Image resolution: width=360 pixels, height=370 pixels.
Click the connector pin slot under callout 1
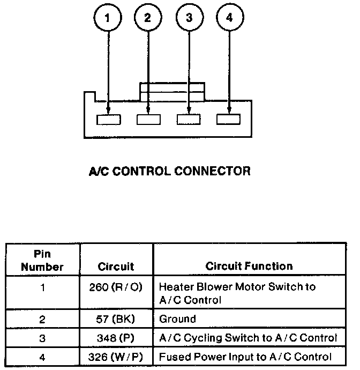coord(108,120)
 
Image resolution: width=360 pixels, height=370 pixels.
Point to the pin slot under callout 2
coord(148,120)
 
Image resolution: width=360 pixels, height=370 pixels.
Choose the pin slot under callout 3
coord(189,120)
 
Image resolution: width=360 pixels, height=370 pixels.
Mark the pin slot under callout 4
coord(229,120)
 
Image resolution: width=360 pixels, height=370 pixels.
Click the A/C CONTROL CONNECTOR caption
coord(169,172)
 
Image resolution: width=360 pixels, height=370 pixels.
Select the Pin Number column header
coord(42,260)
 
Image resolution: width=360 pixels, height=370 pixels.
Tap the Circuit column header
coord(116,267)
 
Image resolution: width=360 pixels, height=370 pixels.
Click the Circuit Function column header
coord(249,266)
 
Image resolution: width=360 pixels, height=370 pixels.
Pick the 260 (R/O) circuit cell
coord(116,287)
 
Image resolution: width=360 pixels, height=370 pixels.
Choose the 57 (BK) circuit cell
coord(116,319)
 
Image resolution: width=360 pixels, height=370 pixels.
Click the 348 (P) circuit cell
coord(116,338)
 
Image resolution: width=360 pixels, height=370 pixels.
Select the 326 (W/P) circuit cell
coord(116,357)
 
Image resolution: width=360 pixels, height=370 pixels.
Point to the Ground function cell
coord(178,319)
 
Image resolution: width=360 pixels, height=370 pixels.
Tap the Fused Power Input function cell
coord(245,357)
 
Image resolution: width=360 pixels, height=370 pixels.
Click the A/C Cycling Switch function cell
coord(248,338)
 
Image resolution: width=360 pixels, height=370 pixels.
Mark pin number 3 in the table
coord(42,338)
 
